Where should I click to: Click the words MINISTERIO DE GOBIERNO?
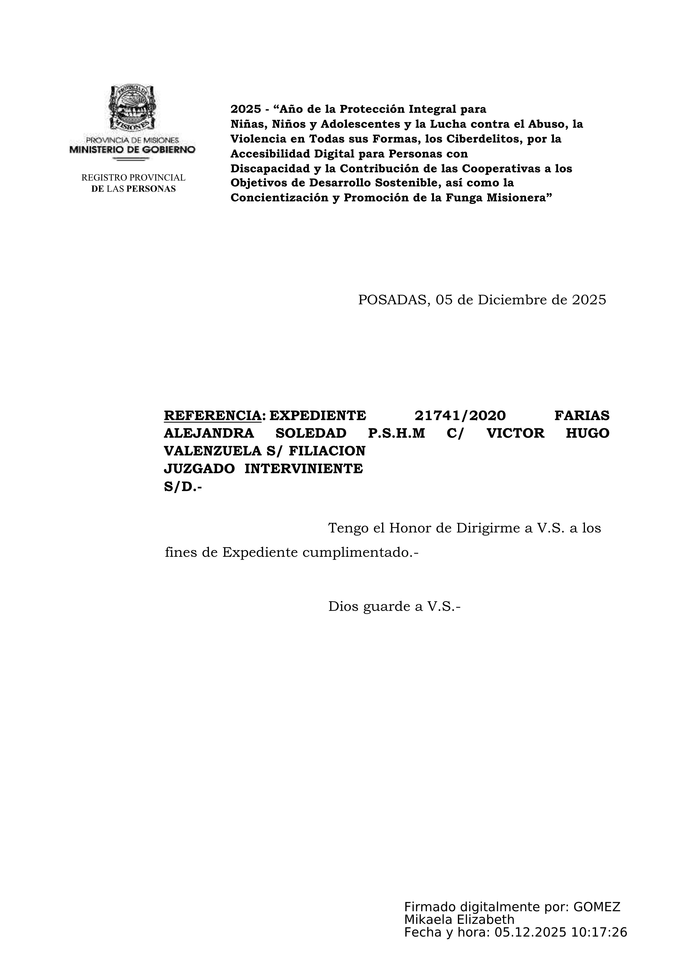(132, 149)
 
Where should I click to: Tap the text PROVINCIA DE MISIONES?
(132, 140)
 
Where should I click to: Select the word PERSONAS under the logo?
(151, 189)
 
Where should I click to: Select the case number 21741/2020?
(460, 415)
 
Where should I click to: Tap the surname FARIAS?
(582, 415)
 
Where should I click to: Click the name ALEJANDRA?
(209, 433)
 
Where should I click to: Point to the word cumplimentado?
(360, 553)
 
